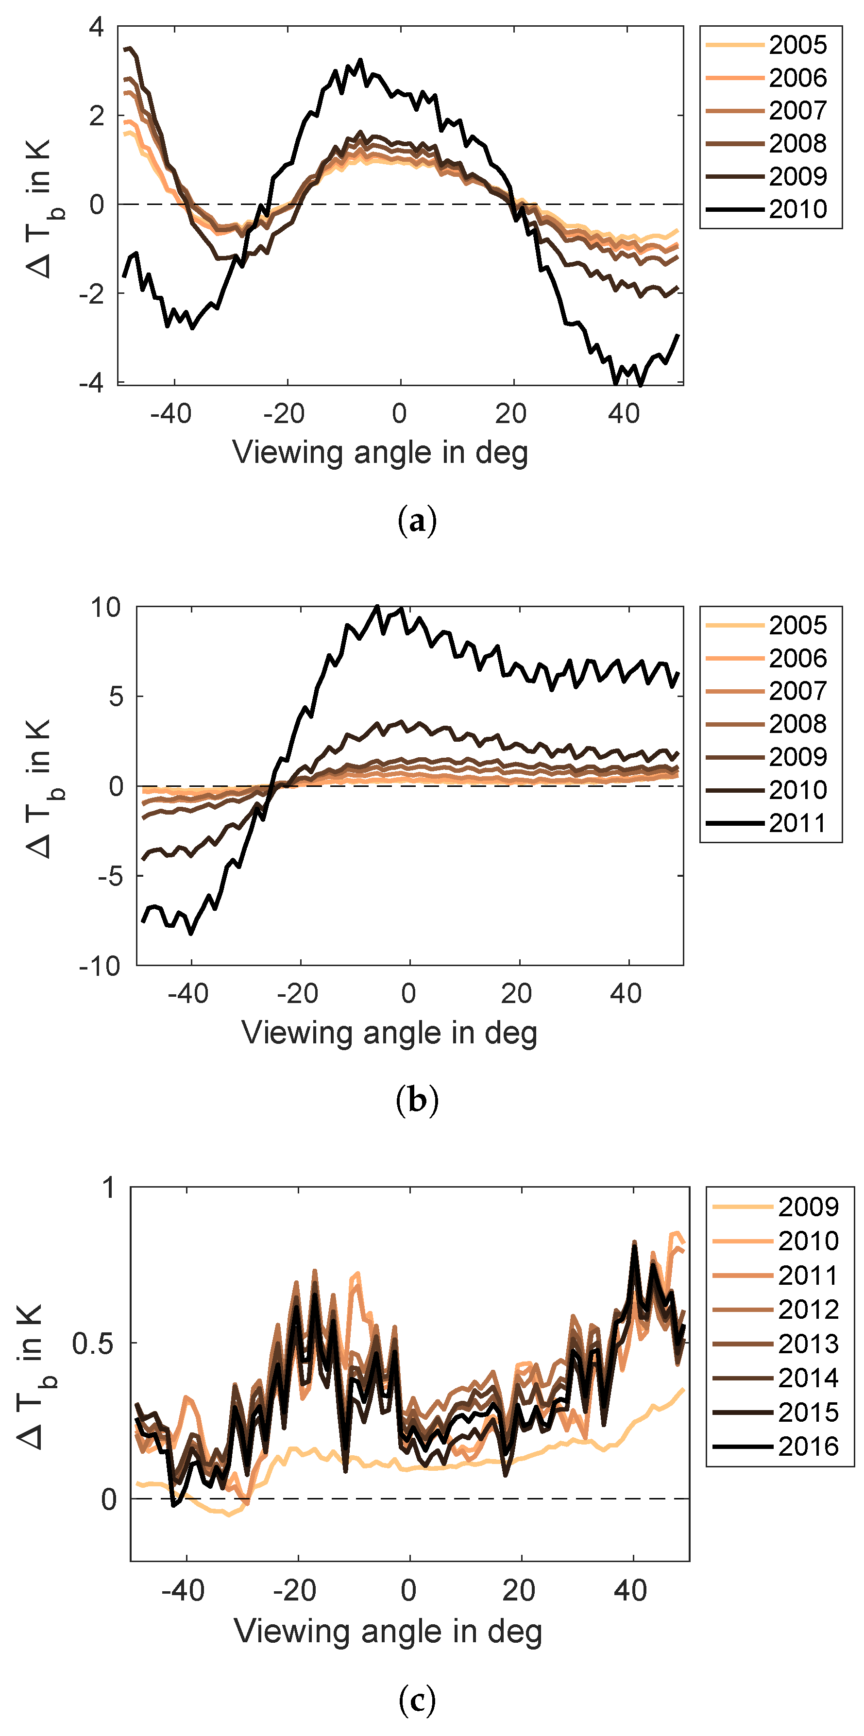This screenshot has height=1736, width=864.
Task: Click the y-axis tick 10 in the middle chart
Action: coord(106,608)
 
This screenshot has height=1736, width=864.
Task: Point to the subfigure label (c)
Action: coord(417,1700)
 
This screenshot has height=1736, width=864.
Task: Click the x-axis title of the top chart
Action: coord(380,453)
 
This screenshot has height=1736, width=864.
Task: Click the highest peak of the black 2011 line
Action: coord(377,607)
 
